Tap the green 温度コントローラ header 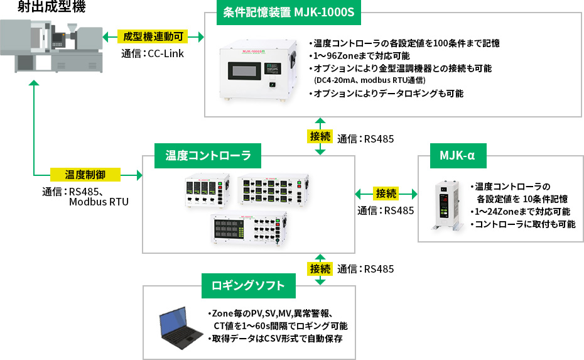pyautogui.click(x=208, y=155)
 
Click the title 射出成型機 pyautogui.click(x=43, y=8)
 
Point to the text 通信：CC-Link pyautogui.click(x=153, y=53)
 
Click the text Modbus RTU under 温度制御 pyautogui.click(x=99, y=202)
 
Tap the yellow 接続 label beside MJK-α pyautogui.click(x=386, y=193)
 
